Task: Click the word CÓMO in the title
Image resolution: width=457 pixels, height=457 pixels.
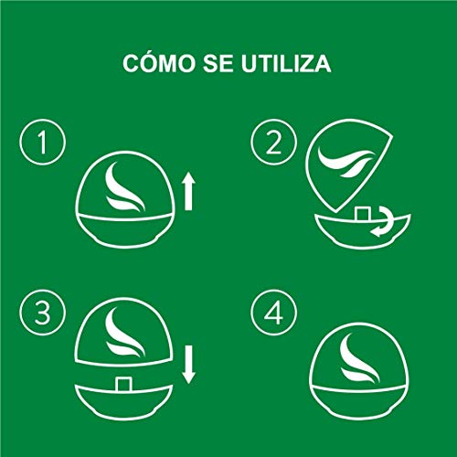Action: coord(159,63)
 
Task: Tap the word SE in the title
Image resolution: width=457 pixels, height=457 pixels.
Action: coord(218,64)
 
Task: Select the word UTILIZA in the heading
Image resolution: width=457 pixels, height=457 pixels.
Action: coord(286,64)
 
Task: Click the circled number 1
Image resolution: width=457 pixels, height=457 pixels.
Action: coord(43,143)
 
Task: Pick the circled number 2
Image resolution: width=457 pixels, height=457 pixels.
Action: coord(273,143)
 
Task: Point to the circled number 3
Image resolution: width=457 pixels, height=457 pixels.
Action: coord(43,313)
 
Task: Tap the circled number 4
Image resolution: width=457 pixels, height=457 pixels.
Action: coord(273,313)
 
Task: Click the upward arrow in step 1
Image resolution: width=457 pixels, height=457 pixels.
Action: coord(188,191)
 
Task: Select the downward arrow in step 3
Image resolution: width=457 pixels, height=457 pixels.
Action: coord(188,365)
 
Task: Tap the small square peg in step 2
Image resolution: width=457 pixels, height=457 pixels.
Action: coord(363,213)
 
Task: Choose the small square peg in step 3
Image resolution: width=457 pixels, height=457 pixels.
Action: coord(124,384)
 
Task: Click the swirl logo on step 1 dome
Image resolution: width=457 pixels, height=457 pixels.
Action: coord(123,186)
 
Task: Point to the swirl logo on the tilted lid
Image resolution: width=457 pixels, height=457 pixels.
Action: coord(345,162)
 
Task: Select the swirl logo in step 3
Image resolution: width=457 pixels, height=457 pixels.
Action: coord(123,333)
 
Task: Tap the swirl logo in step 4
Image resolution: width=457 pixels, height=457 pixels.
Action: coord(359,358)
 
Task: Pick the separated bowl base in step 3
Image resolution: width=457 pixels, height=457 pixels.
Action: coord(123,401)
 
